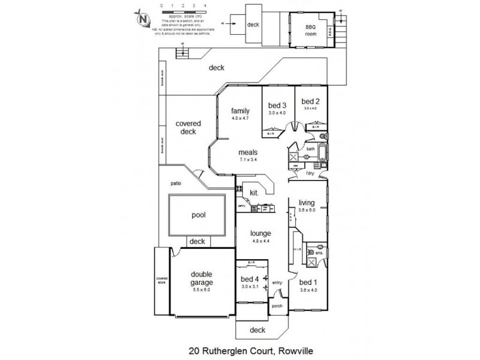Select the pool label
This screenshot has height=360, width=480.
click(x=199, y=215)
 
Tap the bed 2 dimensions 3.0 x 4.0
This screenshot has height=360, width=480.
click(x=310, y=109)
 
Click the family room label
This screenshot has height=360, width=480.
click(x=241, y=110)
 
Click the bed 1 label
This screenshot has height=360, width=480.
click(x=308, y=282)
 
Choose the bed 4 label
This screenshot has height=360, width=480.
click(x=249, y=280)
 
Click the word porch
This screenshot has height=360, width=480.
click(x=277, y=305)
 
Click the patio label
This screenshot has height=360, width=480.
click(x=175, y=183)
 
